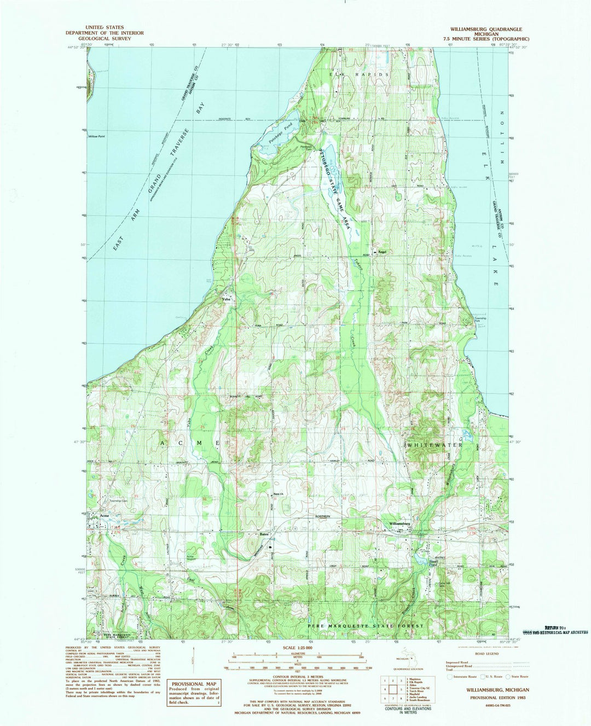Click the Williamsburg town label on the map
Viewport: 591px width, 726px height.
point(399,524)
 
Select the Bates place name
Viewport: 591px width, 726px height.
point(264,535)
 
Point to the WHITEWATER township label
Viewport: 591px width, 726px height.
point(435,445)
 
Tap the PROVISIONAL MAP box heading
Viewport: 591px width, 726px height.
point(194,684)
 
